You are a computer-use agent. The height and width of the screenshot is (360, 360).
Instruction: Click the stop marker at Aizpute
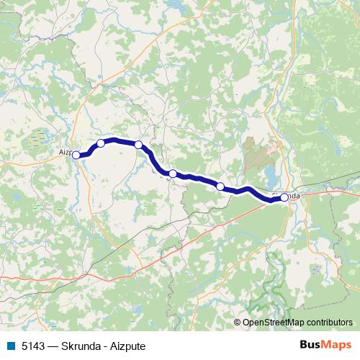tap(76, 154)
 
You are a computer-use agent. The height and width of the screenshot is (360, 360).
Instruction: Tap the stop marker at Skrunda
tap(284, 197)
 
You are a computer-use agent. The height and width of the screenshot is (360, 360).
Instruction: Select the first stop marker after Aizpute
tap(101, 143)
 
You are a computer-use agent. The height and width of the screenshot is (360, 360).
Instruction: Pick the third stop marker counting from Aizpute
tap(173, 174)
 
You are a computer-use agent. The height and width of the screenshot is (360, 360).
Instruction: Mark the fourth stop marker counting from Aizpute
tap(220, 186)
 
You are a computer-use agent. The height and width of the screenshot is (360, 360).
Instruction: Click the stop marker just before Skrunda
tap(220, 186)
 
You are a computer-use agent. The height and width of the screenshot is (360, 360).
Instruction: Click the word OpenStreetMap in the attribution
tap(273, 323)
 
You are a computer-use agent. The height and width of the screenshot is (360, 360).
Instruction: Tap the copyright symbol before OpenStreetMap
tap(238, 323)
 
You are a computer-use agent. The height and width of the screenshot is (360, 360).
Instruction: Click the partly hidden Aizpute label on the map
tap(64, 152)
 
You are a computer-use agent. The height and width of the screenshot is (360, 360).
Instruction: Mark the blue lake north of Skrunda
tap(269, 174)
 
